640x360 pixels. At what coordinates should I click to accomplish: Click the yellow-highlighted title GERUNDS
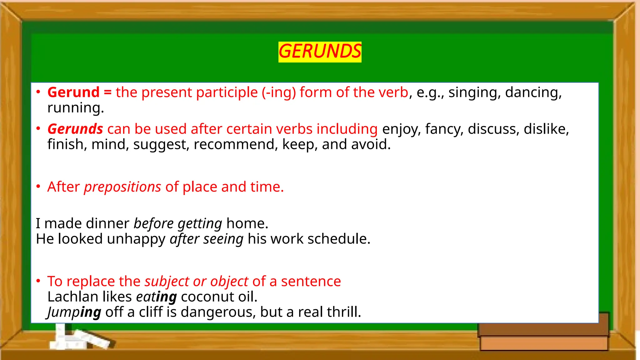[320, 52]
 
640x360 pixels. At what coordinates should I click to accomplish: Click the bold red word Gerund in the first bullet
[73, 92]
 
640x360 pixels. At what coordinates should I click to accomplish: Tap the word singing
[474, 92]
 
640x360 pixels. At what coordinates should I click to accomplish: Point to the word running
[75, 108]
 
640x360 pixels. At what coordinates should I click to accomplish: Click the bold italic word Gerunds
[75, 129]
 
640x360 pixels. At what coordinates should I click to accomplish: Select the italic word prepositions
[122, 187]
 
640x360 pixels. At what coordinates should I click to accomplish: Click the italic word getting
[200, 224]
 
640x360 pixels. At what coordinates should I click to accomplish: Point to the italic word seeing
[223, 239]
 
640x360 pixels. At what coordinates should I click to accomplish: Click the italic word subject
[167, 282]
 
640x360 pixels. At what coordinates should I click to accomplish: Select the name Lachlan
[73, 297]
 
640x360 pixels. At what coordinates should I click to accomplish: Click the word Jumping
[74, 312]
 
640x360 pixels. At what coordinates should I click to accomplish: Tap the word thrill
[344, 312]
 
